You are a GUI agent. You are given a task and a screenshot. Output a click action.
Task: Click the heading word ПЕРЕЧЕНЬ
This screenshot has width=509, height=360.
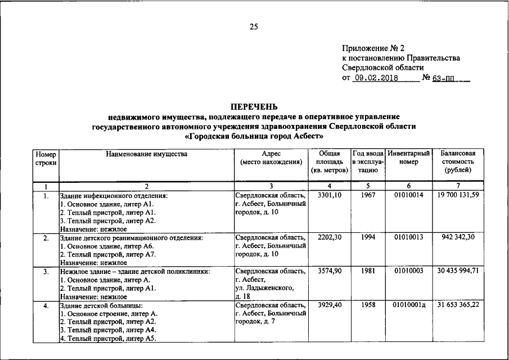254,107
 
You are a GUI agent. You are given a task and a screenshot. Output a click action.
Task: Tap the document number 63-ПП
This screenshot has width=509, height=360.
444,78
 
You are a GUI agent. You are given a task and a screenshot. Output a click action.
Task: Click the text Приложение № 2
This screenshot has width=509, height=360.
373,48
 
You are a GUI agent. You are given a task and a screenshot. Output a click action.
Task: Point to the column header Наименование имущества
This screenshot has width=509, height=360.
146,153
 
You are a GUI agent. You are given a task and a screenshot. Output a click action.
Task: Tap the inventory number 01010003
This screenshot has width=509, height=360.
409,271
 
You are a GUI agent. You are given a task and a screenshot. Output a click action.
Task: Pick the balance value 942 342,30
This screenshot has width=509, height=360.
458,238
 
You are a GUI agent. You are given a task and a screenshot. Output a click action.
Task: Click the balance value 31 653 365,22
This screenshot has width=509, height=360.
458,305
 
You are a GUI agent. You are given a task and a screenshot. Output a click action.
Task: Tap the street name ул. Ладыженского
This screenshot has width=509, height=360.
264,288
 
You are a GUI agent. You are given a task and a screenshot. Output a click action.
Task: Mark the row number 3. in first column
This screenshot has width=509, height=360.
46,272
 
